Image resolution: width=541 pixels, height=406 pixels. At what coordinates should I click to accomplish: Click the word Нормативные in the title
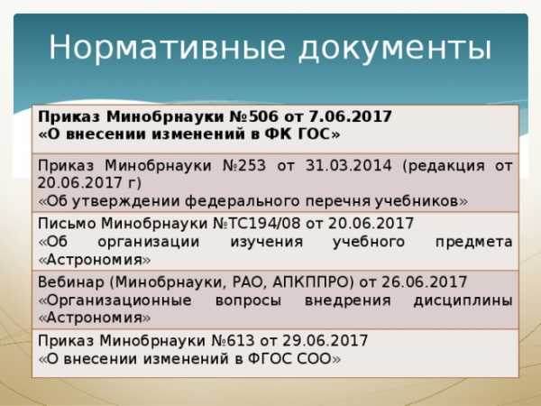168,48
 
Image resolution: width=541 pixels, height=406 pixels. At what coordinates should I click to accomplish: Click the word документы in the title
395,49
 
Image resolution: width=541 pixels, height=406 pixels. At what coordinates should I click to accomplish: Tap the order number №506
253,116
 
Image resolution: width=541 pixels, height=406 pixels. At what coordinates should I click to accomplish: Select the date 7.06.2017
350,116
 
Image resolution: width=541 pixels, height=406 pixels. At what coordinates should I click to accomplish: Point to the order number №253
244,165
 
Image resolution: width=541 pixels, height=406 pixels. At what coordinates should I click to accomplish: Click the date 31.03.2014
348,165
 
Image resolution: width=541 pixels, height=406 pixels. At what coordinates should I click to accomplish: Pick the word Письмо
67,224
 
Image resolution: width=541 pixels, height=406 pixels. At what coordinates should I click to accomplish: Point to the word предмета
473,243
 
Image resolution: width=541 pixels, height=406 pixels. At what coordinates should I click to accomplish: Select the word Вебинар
70,282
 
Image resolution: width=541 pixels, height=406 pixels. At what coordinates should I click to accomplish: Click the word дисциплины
463,301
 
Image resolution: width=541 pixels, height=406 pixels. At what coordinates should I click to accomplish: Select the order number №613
233,341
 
